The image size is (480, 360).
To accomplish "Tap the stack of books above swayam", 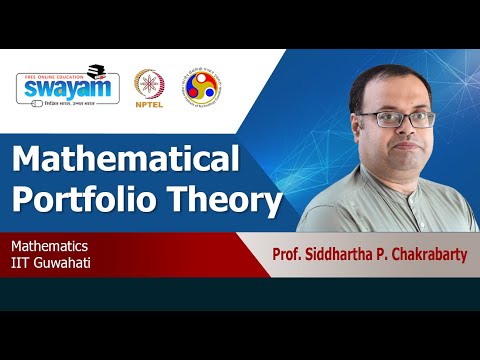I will click(96, 71).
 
